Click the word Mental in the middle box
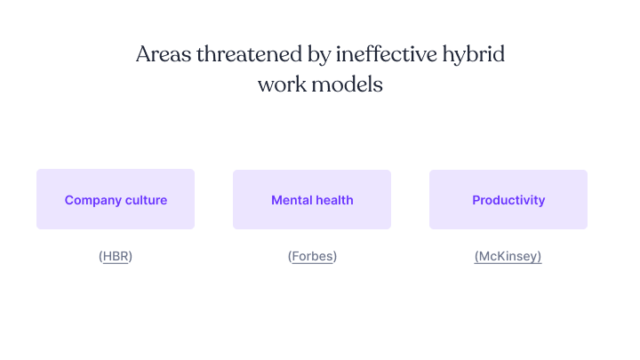(x=292, y=200)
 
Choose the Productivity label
(x=508, y=200)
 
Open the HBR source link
(x=116, y=257)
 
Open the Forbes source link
(x=312, y=257)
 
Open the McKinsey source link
(x=508, y=257)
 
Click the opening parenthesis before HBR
(x=100, y=257)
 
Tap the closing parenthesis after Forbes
(x=335, y=257)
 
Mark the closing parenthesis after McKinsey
(x=540, y=257)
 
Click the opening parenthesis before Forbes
(x=290, y=257)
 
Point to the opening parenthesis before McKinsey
(x=476, y=257)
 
